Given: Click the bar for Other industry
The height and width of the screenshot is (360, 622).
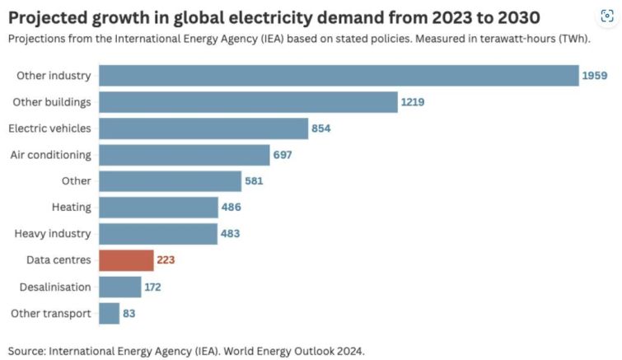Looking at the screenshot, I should [339, 76].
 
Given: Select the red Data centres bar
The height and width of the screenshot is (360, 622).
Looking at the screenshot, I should [126, 260].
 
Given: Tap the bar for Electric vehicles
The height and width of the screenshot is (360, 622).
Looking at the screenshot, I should [203, 129].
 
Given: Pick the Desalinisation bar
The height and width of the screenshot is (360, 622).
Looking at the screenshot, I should [119, 287].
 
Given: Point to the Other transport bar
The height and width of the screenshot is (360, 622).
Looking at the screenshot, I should [109, 313].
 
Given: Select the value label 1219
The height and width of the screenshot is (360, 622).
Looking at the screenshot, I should [414, 102].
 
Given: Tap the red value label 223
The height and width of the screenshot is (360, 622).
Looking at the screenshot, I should [165, 260].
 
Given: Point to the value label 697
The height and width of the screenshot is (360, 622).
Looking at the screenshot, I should [283, 155].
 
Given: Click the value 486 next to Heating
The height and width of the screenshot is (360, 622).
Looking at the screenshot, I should [231, 208].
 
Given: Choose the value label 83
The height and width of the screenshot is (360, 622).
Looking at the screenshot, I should [129, 313].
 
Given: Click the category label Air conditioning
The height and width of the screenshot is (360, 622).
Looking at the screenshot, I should [50, 155].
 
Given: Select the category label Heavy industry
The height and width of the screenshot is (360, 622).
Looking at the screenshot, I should [53, 234].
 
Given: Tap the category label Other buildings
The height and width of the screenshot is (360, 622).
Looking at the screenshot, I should [52, 102].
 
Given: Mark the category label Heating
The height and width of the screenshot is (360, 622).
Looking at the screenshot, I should [71, 208].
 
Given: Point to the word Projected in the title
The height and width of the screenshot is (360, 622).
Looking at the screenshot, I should [46, 17].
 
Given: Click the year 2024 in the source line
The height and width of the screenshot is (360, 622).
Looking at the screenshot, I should [348, 350].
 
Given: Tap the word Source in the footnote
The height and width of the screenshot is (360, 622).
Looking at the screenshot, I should [26, 350].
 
